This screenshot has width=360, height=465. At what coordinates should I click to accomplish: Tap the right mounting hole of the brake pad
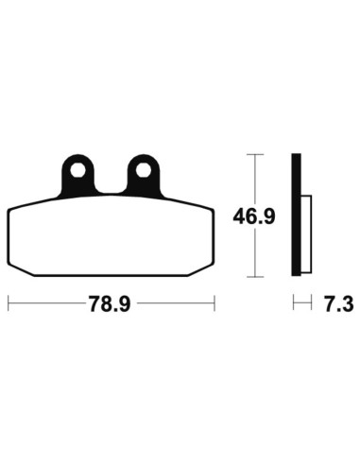(143, 172)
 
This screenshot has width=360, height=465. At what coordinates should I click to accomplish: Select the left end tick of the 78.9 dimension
(9, 304)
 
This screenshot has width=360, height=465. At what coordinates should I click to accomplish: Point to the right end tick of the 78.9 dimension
(216, 304)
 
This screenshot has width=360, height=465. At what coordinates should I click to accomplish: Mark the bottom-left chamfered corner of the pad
(21, 267)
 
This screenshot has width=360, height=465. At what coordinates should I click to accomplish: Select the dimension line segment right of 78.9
(179, 304)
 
